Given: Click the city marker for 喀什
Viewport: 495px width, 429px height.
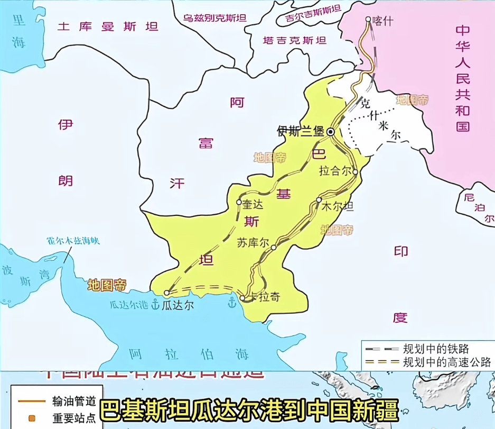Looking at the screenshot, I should (368, 20).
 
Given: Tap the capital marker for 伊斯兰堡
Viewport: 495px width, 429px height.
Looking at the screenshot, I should (331, 132).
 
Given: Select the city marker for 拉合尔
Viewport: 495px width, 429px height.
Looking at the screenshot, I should (356, 172).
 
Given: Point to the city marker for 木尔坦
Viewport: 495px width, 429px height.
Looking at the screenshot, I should (319, 200).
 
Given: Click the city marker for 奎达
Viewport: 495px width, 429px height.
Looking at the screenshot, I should (239, 202).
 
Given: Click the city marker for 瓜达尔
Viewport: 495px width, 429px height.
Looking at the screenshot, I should (166, 293).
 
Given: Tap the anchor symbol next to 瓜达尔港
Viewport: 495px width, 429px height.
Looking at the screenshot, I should (155, 304).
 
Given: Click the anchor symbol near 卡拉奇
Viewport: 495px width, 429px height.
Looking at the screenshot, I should (231, 302).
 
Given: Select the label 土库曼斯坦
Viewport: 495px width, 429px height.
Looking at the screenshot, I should (108, 26).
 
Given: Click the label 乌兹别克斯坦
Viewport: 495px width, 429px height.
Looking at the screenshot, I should (214, 17).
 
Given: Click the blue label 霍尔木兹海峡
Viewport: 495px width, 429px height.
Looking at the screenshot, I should (73, 241).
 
